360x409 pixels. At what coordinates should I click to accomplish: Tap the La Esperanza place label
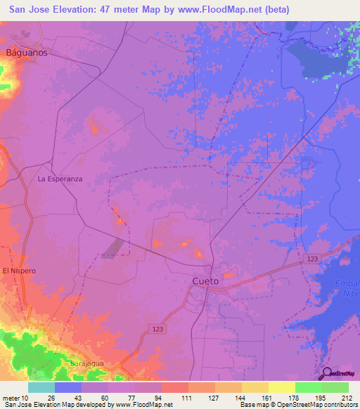(x=60, y=179)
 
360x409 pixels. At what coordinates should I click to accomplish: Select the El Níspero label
(x=19, y=271)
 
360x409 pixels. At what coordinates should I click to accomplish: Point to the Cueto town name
(x=205, y=281)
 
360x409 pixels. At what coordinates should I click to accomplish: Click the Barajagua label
(x=87, y=363)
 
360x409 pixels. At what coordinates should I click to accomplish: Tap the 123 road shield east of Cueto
(x=313, y=259)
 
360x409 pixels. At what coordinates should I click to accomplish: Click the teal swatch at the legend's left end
(x=41, y=387)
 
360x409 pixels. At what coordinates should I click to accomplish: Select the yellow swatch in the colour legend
(x=281, y=387)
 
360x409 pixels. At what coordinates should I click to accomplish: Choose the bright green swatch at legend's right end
(x=335, y=387)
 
